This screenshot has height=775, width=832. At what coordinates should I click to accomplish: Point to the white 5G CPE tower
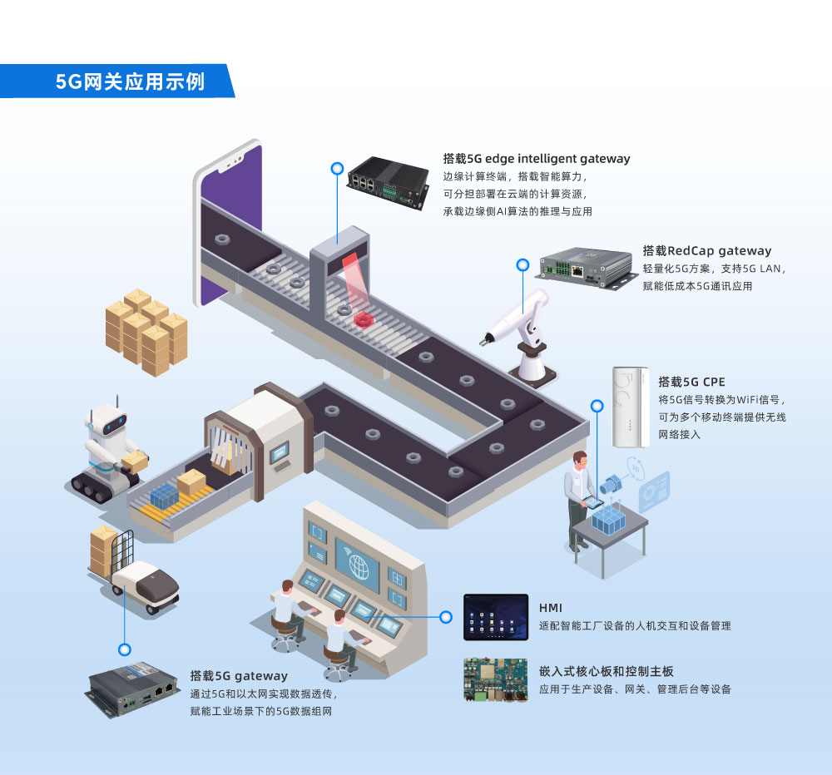pos(630,407)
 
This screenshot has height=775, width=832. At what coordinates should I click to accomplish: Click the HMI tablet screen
pos(496,616)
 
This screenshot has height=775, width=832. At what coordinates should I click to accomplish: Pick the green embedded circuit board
pos(496,679)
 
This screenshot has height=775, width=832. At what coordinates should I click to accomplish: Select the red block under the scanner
pos(364,318)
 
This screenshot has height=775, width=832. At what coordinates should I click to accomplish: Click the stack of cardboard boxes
pos(146,331)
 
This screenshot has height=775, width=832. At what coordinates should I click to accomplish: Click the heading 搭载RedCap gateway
pos(706,250)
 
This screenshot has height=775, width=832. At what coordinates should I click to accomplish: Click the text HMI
pos(551,608)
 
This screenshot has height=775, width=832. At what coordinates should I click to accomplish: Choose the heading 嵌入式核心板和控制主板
pos(606,671)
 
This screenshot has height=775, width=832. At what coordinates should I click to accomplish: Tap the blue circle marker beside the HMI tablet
pos(446,617)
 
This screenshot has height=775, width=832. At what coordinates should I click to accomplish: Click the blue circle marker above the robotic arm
pos(522,265)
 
